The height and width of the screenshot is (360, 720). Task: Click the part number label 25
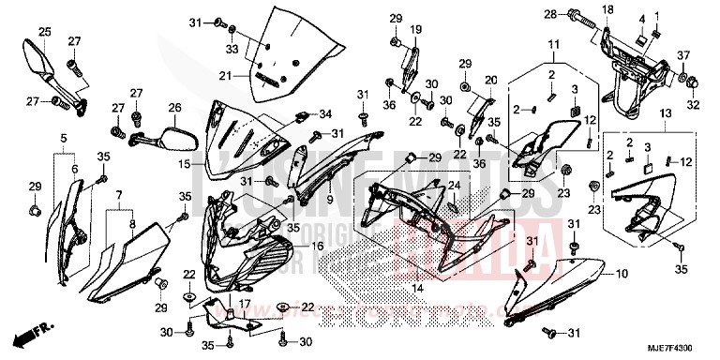click(x=43, y=32)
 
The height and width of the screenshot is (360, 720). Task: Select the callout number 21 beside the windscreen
click(x=225, y=76)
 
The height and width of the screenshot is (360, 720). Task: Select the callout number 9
click(x=331, y=200)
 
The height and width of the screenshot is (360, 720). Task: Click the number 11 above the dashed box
click(x=553, y=44)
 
